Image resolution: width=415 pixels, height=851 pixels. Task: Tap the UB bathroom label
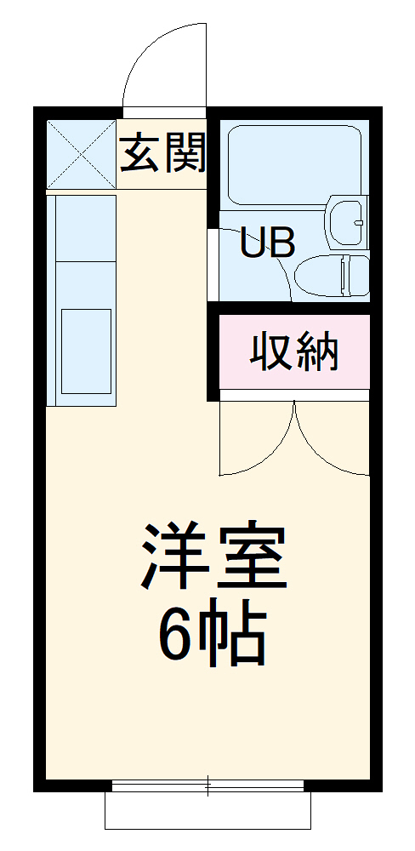tap(267, 243)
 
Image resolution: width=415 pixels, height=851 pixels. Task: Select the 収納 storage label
tap(294, 351)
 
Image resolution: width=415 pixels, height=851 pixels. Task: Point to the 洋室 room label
tap(213, 558)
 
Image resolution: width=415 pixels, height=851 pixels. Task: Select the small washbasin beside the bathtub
tap(349, 220)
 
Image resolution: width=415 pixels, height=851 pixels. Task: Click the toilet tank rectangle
tap(355, 276)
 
